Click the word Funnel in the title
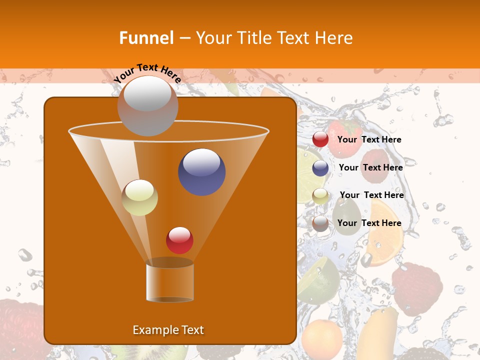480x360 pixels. (146, 38)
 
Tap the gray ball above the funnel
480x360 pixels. (147, 105)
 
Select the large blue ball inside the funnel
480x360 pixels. (201, 171)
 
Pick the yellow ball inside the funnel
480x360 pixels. (139, 197)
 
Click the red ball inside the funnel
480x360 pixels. (179, 240)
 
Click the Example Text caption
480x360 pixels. (168, 330)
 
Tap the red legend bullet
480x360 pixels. (320, 139)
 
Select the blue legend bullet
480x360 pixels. (320, 168)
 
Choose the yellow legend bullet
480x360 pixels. (320, 195)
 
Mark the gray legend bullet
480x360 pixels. (320, 223)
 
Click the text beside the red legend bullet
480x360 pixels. (369, 140)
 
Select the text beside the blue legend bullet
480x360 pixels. (370, 168)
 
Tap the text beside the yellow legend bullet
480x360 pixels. (371, 195)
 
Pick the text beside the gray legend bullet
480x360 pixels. (369, 223)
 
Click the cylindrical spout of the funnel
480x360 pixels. (169, 282)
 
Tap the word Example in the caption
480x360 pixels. (154, 330)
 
